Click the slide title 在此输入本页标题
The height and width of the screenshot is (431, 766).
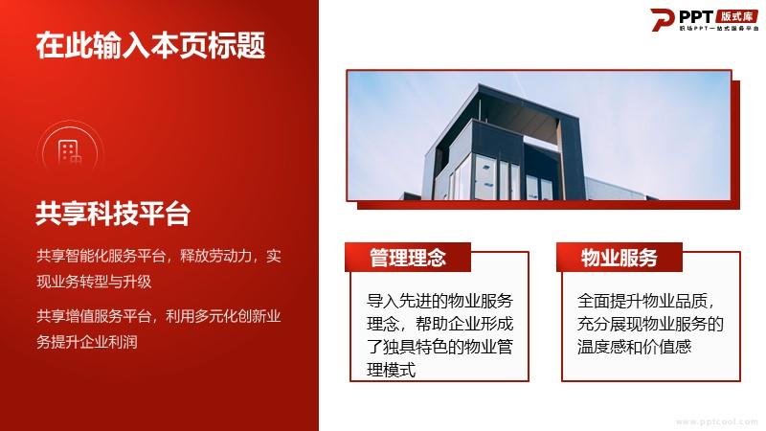click(x=150, y=45)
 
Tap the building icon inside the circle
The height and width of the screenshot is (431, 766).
click(x=69, y=152)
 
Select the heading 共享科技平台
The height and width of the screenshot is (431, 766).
click(x=112, y=214)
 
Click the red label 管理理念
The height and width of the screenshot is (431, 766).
click(x=408, y=258)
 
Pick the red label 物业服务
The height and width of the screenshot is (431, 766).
click(x=619, y=258)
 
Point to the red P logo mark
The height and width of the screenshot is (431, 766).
click(x=662, y=20)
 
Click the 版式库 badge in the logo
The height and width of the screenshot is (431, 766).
click(x=737, y=16)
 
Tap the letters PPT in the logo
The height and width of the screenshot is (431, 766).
click(x=696, y=17)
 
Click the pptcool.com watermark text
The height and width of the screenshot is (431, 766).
click(x=716, y=421)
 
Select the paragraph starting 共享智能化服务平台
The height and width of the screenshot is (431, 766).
click(x=159, y=268)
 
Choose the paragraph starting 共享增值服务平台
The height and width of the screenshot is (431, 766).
click(x=159, y=329)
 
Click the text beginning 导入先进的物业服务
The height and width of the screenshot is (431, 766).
click(x=439, y=335)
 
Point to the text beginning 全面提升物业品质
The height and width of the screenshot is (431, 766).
click(x=650, y=324)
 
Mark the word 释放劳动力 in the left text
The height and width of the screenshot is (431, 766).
click(x=216, y=256)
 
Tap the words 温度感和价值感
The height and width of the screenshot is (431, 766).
click(x=634, y=347)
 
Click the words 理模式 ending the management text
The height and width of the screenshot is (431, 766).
click(x=391, y=370)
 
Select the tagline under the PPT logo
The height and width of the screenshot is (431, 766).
click(x=719, y=29)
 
